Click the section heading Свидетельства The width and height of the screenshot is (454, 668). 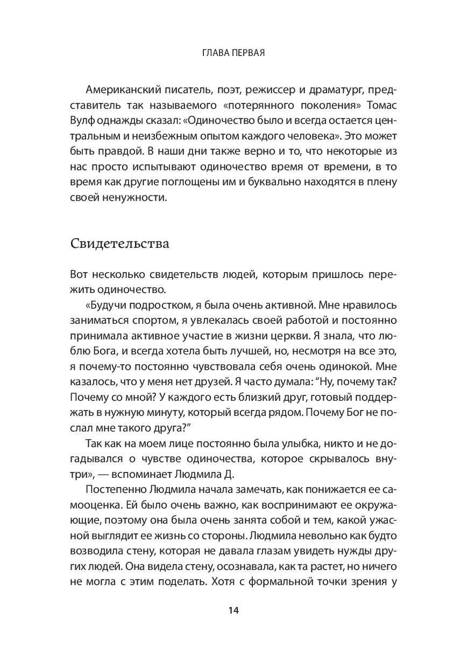tap(120, 243)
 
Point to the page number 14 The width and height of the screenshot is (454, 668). tap(233, 610)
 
